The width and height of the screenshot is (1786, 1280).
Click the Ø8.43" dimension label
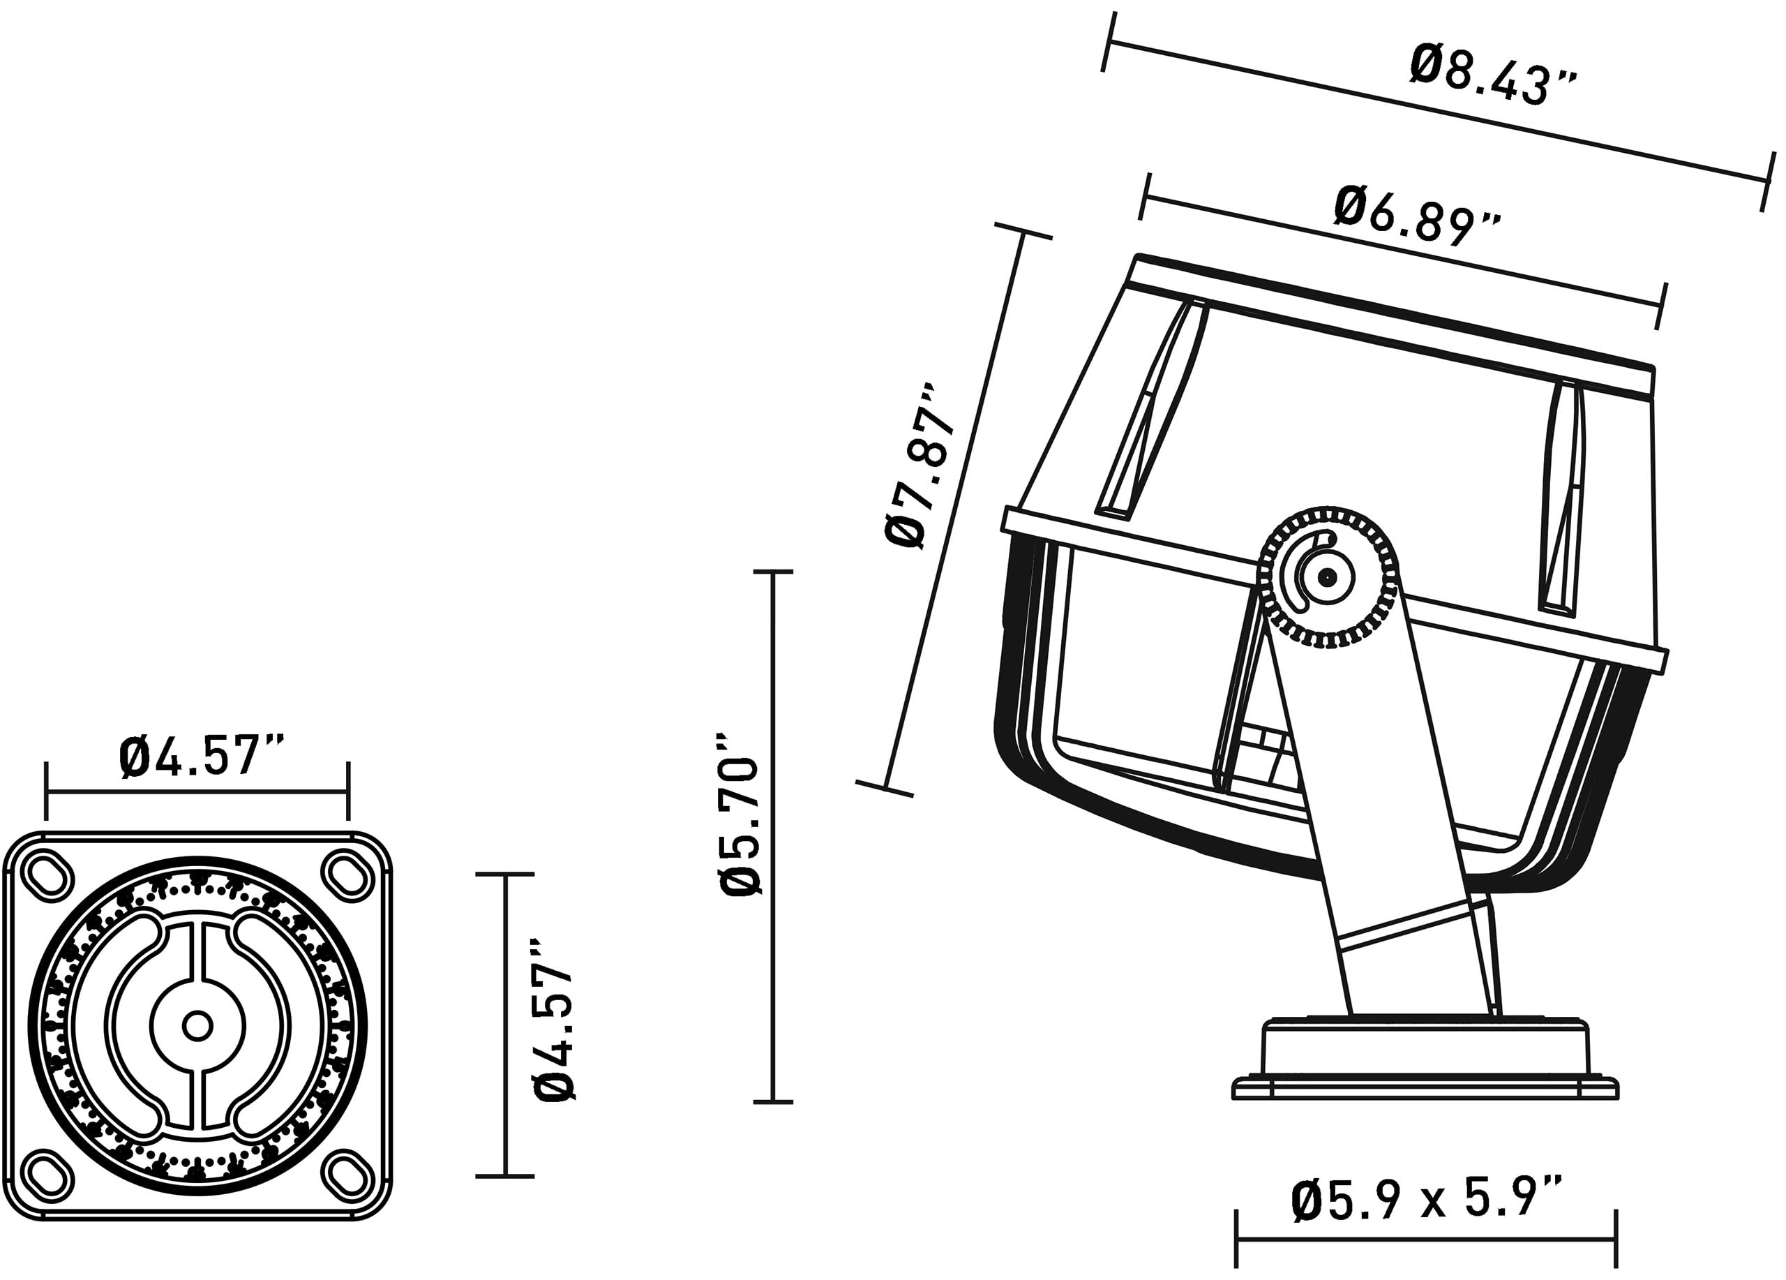[1493, 76]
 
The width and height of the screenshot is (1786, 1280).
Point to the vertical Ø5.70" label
[740, 814]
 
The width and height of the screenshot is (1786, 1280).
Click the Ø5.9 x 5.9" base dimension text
[1426, 1200]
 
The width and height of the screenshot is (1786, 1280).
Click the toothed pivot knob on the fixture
[1328, 578]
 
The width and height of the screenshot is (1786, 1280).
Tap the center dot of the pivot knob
[1328, 578]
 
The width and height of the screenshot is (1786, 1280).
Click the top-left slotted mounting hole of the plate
[49, 875]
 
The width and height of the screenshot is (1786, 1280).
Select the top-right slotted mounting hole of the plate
[347, 875]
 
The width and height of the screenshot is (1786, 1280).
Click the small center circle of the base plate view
[197, 1025]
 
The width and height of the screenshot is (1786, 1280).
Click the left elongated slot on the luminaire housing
[1151, 410]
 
